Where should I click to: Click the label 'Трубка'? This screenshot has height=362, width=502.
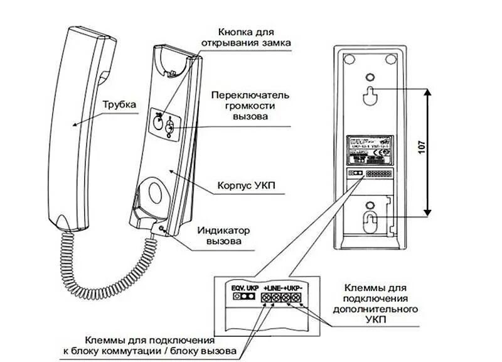(x=119, y=106)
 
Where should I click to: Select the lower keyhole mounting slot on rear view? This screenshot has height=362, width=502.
(x=371, y=221)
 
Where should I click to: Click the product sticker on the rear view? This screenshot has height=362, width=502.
(x=370, y=149)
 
